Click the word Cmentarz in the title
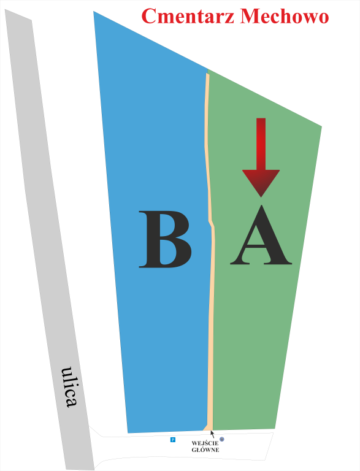point(188,16)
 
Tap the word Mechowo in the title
point(285,16)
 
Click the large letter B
point(165,239)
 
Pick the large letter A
point(261,235)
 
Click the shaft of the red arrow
point(261,144)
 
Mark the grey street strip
point(50,240)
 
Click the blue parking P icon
point(173,440)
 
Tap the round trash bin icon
point(222,439)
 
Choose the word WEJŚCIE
point(205,443)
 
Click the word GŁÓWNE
point(205,450)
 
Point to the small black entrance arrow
point(212,434)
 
